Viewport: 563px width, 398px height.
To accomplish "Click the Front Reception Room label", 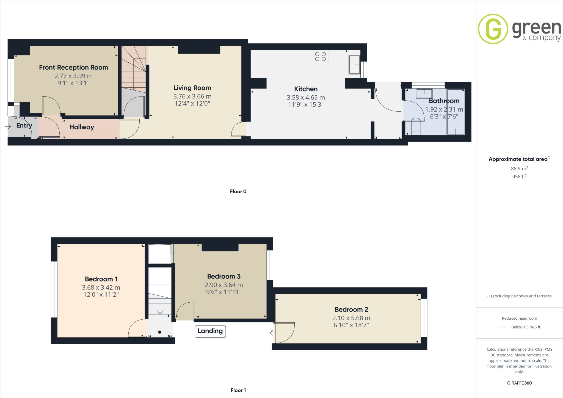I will (x=73, y=67).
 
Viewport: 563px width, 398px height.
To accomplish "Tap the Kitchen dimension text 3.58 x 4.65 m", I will (x=306, y=98).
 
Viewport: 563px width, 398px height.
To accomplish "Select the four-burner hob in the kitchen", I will (x=320, y=57).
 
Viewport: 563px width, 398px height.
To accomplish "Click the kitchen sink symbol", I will (x=354, y=65).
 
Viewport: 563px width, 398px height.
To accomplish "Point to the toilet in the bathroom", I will (x=416, y=126).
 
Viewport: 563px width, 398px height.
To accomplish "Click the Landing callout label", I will (x=210, y=331).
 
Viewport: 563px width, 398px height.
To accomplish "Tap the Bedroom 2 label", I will (x=351, y=309).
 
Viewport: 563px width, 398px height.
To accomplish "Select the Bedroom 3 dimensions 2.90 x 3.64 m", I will (x=224, y=285).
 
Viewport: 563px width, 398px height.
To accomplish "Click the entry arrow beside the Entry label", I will (x=8, y=126).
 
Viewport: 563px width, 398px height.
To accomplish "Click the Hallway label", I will (x=82, y=127).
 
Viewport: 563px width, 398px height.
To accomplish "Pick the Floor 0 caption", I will (x=238, y=192).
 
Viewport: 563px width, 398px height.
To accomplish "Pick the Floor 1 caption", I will (x=238, y=390).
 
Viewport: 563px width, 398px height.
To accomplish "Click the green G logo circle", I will (x=493, y=29).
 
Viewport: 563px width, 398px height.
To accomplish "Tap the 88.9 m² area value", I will (x=519, y=168).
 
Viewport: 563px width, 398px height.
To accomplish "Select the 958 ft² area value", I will (x=519, y=176).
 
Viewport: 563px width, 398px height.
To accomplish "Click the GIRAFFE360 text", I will (x=519, y=383).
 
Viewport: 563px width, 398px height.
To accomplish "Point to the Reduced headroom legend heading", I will (x=519, y=318).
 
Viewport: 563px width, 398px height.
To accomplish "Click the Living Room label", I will (x=192, y=88).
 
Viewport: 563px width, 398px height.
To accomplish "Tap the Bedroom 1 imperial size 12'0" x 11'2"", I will (x=101, y=295).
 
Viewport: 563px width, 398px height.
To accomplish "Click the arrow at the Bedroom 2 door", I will (x=272, y=333).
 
